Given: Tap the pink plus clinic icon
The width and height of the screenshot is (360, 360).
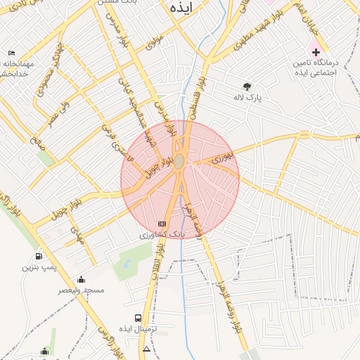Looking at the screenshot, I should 316,52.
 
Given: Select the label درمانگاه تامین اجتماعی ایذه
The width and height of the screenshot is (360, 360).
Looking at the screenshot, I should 316,67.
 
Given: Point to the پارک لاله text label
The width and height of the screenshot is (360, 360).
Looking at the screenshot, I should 248,98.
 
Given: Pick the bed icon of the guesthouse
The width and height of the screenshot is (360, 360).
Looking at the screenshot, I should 11,53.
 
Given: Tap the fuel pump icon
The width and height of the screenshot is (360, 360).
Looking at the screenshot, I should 38,255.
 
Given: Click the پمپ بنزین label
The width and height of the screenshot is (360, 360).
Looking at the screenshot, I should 38,267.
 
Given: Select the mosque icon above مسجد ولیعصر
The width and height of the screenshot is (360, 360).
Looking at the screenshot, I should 81,279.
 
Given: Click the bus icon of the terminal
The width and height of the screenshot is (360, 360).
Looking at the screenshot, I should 137,318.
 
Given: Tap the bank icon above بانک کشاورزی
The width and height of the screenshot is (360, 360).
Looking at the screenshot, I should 162,224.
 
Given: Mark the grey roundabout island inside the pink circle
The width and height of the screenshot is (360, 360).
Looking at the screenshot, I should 179,162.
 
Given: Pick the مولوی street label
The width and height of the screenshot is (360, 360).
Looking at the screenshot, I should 155,42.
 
